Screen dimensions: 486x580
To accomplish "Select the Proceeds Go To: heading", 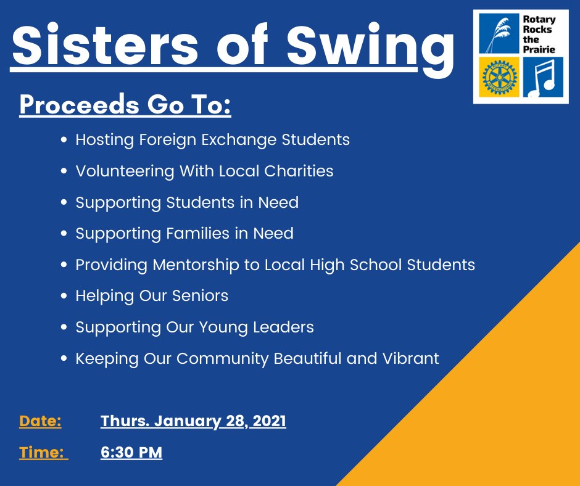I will pyautogui.click(x=125, y=105).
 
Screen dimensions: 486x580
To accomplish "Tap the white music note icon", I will pyautogui.click(x=542, y=77).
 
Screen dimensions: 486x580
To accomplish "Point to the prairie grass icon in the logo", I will pyautogui.click(x=499, y=33).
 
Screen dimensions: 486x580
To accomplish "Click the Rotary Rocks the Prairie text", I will pyautogui.click(x=539, y=33).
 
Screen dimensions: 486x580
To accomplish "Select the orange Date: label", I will pyautogui.click(x=40, y=421).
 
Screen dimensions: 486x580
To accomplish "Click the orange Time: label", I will pyautogui.click(x=42, y=453).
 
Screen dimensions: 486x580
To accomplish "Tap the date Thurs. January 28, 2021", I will pyautogui.click(x=193, y=421).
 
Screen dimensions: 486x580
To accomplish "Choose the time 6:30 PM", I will pyautogui.click(x=131, y=453).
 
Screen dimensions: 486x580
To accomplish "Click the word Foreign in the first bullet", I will pyautogui.click(x=168, y=140).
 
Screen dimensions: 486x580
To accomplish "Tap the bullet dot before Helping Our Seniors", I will pyautogui.click(x=64, y=297).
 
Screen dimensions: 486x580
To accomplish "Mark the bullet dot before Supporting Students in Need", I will pyautogui.click(x=64, y=203).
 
